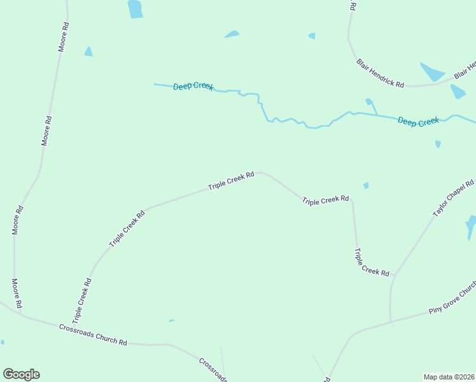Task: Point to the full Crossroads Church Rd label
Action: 93,334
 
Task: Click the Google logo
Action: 21,374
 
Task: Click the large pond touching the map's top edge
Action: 135,8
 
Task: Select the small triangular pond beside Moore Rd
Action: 88,52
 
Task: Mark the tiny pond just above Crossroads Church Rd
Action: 171,321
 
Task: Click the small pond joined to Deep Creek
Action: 369,102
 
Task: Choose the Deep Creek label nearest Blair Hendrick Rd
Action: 418,121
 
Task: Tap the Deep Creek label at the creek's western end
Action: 193,86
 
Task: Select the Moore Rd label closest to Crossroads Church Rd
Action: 17,294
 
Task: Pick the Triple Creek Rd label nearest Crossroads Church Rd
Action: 81,299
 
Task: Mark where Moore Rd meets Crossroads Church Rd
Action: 21,314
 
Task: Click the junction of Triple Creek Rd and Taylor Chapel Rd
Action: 394,275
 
